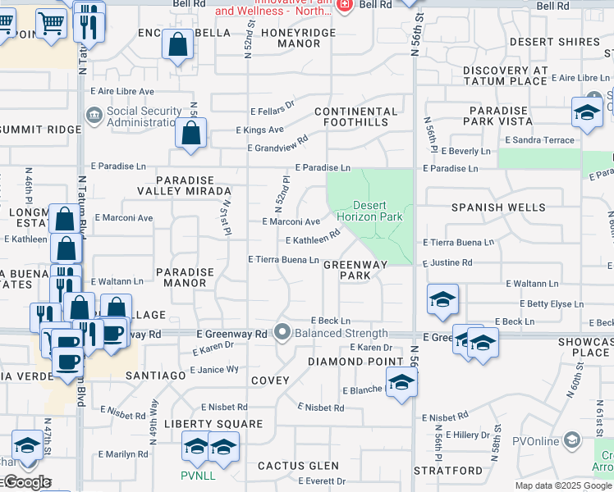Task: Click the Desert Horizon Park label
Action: click(x=378, y=211)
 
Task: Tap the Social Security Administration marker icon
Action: click(x=94, y=112)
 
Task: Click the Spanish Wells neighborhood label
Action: click(x=498, y=207)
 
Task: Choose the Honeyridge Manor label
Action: click(x=298, y=39)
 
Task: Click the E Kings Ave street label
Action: click(x=259, y=130)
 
